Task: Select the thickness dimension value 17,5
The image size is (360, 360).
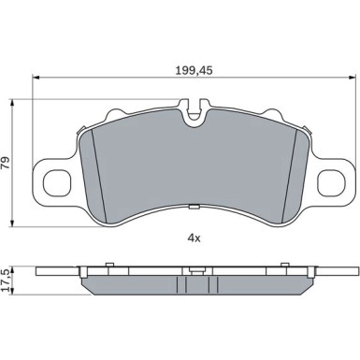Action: (x=8, y=278)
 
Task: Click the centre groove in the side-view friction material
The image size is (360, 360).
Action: (x=194, y=281)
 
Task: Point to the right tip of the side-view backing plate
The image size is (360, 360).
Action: (x=352, y=273)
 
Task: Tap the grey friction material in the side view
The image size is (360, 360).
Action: (x=140, y=283)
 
